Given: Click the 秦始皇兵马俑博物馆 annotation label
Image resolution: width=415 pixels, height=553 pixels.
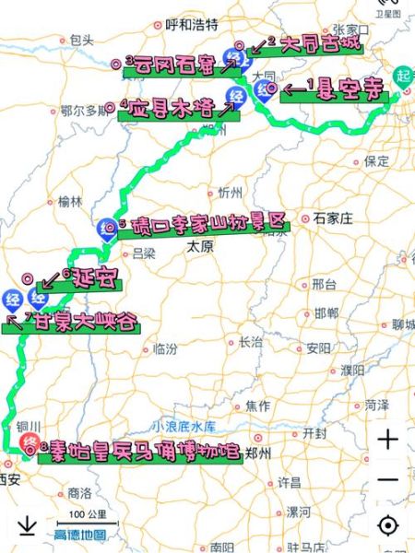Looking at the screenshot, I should click(x=139, y=451).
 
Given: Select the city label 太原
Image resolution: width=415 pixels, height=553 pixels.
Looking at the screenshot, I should click(x=200, y=247).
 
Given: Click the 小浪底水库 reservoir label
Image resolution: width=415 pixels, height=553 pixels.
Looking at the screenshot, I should click(x=184, y=428).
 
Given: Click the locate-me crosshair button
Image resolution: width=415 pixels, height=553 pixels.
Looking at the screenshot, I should click(x=388, y=525).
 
